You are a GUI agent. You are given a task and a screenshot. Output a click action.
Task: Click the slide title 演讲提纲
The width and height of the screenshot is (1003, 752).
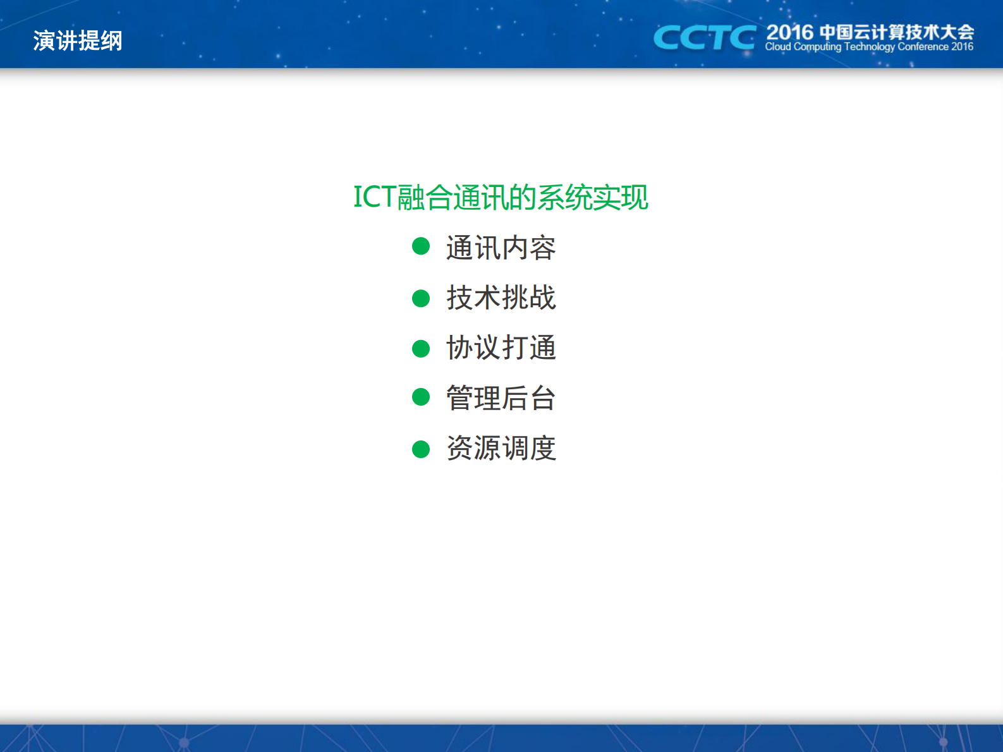pos(77,41)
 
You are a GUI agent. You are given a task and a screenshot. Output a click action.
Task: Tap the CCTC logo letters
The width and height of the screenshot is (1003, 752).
pos(704,38)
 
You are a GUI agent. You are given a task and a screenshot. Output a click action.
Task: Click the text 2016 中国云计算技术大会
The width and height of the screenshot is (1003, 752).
pos(870,32)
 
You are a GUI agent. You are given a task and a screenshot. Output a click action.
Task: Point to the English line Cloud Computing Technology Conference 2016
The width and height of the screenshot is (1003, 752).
pos(868,47)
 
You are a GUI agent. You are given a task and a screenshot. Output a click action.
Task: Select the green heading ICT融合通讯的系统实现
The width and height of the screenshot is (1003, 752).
pos(501,197)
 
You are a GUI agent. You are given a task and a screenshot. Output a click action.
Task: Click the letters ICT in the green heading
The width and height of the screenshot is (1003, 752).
pos(374,197)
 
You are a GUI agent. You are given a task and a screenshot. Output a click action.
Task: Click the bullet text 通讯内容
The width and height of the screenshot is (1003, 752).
pos(501,248)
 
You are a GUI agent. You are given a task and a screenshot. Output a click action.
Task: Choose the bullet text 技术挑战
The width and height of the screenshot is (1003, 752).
pos(501,298)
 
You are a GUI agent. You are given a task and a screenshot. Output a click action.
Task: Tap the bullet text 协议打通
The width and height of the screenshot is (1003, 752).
pos(501,348)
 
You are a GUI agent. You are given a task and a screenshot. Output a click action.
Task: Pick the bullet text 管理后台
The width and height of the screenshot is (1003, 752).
pos(501,398)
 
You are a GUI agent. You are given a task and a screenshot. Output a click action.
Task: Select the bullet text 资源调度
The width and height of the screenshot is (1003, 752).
pos(501,448)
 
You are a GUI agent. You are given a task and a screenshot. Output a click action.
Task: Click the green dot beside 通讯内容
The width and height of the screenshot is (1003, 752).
pos(421,246)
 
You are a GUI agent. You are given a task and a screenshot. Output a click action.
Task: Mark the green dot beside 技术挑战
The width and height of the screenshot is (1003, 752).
pos(421,298)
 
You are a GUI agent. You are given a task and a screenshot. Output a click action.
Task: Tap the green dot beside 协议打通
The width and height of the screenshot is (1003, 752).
pos(421,348)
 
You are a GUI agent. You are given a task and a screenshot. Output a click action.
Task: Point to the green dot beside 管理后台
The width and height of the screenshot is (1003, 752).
pos(421,397)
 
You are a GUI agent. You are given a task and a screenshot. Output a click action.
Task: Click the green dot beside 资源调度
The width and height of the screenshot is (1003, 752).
pos(421,449)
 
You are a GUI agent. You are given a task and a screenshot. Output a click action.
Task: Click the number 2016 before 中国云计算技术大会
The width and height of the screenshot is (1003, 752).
pos(789,32)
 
